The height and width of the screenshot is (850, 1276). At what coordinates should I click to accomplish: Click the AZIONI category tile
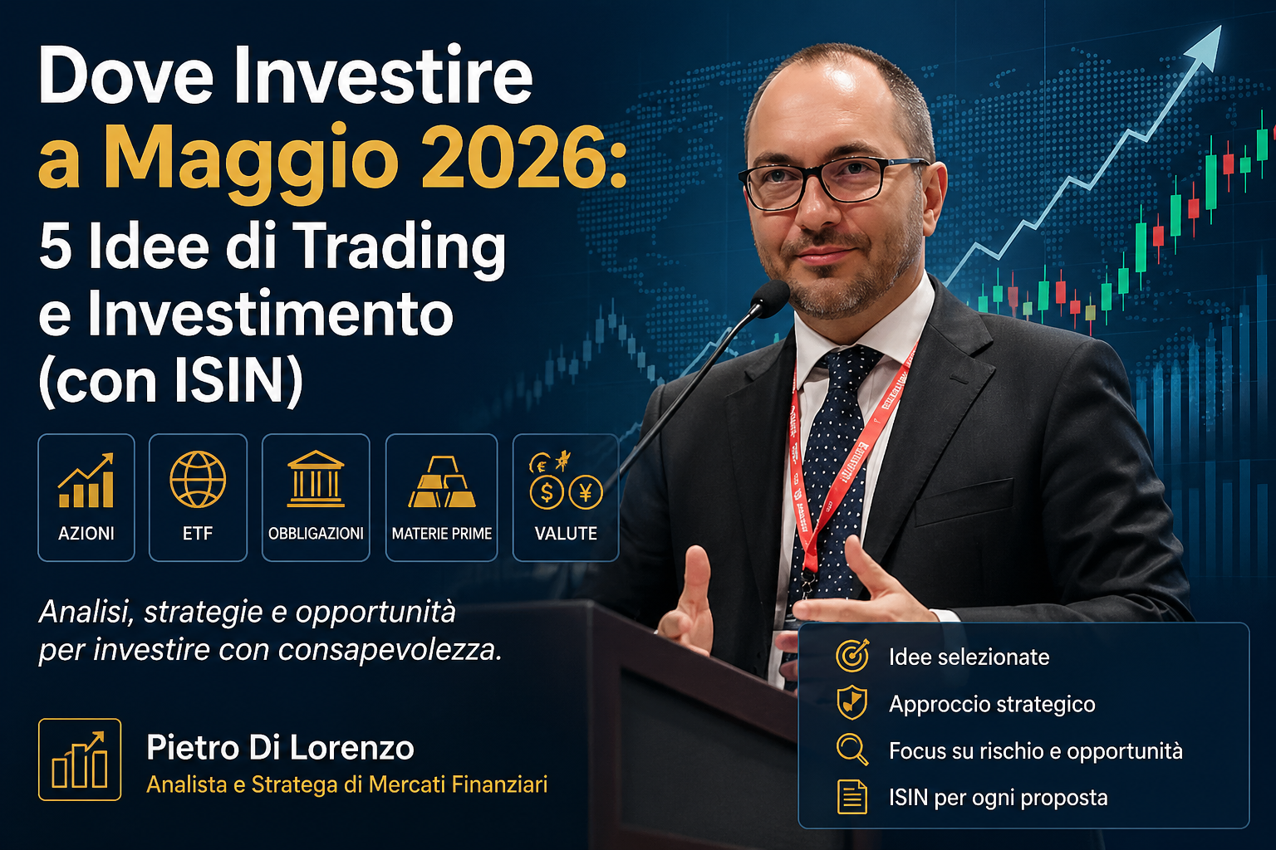coord(86,497)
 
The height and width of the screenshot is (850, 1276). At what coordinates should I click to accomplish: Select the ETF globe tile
coord(198,497)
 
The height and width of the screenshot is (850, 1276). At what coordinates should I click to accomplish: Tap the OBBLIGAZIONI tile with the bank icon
coord(316,497)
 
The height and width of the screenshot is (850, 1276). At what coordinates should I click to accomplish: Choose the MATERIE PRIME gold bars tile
coord(441,497)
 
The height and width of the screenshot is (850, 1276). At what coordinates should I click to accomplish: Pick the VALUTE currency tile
coord(566,497)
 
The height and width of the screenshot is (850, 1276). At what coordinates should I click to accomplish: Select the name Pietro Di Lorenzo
coord(280,748)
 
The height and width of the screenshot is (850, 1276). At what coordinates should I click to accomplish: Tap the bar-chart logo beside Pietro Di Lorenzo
coord(80,760)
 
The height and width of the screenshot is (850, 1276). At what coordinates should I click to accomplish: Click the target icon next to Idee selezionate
coord(852,656)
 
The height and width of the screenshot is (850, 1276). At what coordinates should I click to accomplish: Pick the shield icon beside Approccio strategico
coord(852,703)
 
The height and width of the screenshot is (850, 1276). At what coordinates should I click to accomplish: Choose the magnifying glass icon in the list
coord(852,750)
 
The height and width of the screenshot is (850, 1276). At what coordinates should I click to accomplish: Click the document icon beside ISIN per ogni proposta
coord(852,797)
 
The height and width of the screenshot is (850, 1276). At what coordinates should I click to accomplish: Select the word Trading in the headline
coord(399,247)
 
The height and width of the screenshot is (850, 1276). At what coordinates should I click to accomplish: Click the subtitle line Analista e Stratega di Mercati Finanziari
coord(347,784)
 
